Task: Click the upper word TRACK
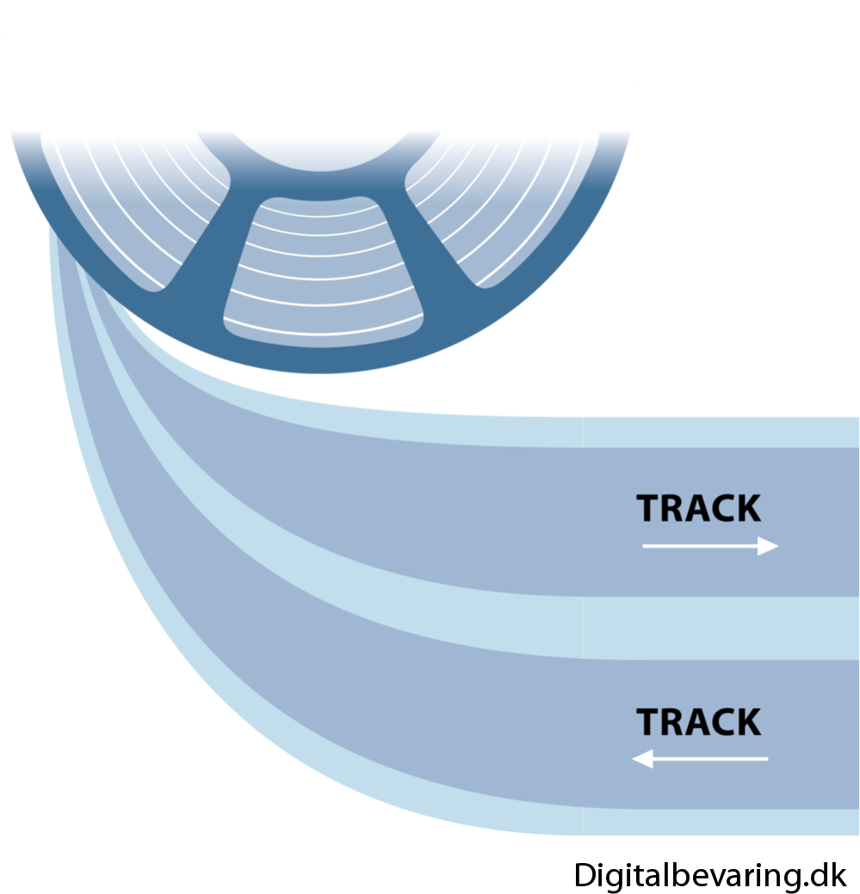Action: [698, 509]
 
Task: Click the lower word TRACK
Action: [698, 722]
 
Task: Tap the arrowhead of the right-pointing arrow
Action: [768, 546]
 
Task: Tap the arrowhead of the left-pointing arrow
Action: [643, 759]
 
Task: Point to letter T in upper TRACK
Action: [648, 509]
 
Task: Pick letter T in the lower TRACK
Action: [648, 722]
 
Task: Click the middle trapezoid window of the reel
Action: [323, 267]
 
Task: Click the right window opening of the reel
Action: [508, 215]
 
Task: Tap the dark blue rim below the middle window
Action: [323, 355]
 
